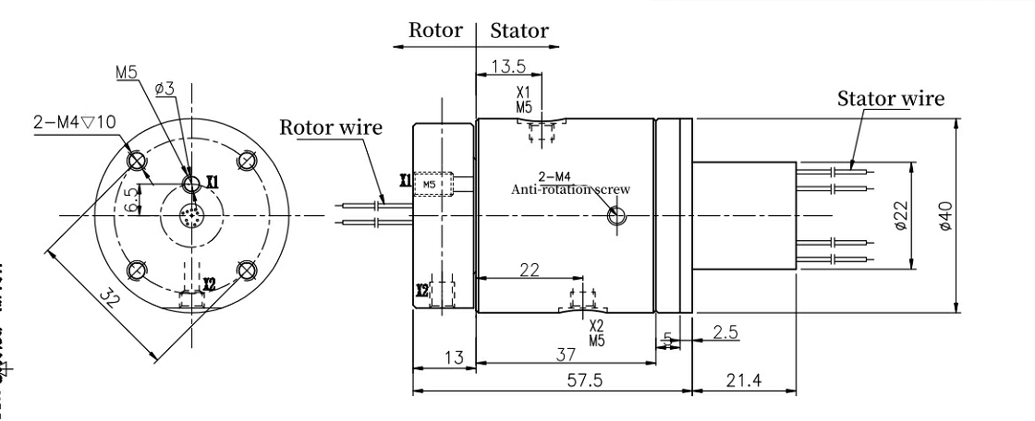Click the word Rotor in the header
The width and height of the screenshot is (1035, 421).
pyautogui.click(x=435, y=30)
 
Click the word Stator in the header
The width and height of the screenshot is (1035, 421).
pyautogui.click(x=518, y=30)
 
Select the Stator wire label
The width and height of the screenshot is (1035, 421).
pyautogui.click(x=891, y=99)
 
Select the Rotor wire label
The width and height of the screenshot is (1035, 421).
pyautogui.click(x=331, y=126)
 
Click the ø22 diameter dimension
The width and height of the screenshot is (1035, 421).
pyautogui.click(x=903, y=218)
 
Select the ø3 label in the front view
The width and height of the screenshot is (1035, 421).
pyautogui.click(x=164, y=89)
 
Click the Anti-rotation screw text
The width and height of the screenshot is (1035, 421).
pyautogui.click(x=571, y=188)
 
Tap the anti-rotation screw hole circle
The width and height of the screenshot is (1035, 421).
pyautogui.click(x=616, y=217)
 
